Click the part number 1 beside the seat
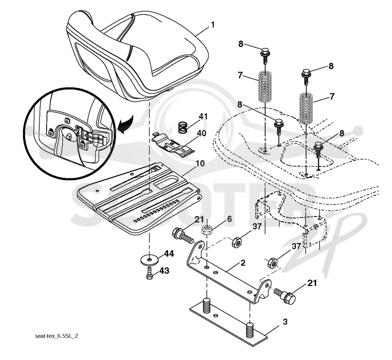tap(213, 25)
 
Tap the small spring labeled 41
tap(183, 127)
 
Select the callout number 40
tap(201, 133)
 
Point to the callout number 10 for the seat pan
tap(200, 164)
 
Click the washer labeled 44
tap(149, 260)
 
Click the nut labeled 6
tap(207, 230)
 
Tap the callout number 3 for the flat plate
tap(285, 322)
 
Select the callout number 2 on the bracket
tap(243, 263)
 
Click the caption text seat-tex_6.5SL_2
tap(56, 336)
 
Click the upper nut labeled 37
tap(236, 242)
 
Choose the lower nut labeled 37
tap(272, 263)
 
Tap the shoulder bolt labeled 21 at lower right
tap(285, 295)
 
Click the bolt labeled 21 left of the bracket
tap(182, 235)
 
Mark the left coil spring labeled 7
tap(265, 87)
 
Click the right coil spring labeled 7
tap(306, 108)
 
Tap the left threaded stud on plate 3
tap(206, 305)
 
